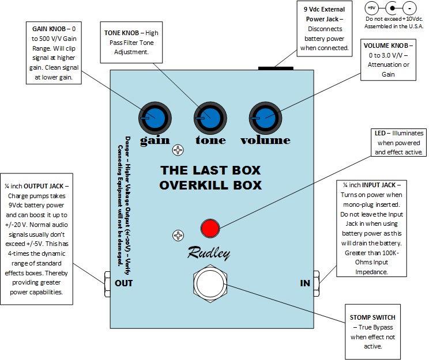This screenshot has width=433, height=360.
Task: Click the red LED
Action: tap(211, 229)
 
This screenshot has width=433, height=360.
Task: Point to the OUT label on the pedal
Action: tap(124, 283)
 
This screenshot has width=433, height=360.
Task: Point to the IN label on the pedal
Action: tap(305, 283)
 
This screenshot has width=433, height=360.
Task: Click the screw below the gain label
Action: tap(179, 150)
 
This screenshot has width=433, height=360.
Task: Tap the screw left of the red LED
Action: tap(179, 235)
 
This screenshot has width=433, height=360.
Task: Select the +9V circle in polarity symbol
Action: tap(372, 9)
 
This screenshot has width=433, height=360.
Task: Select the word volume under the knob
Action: tap(265, 140)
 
